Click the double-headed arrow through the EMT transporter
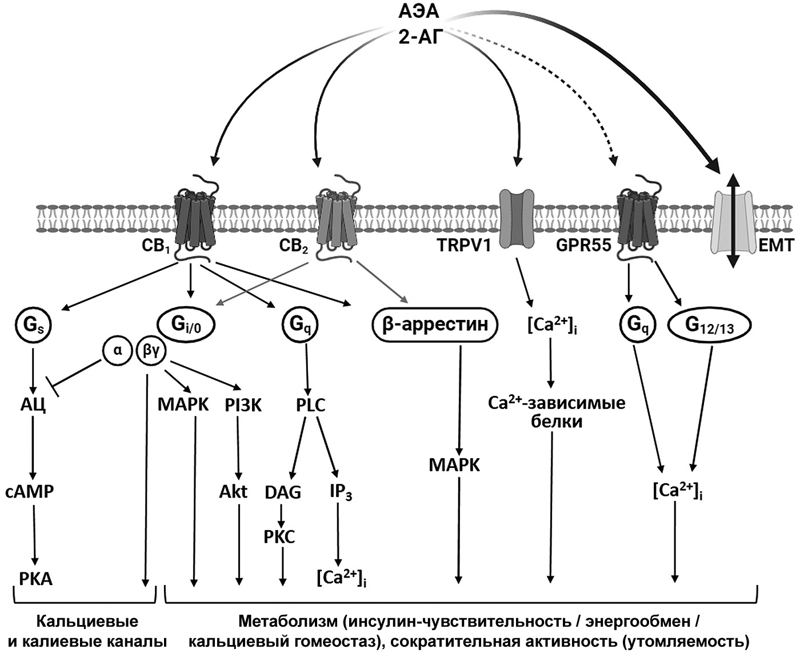tap(734, 219)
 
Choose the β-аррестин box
tap(434, 325)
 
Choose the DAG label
tap(283, 492)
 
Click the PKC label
tap(279, 537)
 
